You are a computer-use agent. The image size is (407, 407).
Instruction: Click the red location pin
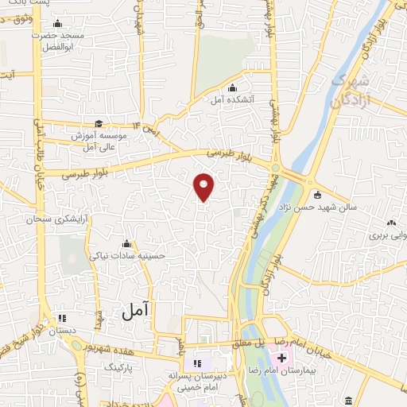pyautogui.click(x=204, y=187)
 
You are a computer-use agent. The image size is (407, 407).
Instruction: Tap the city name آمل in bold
pyautogui.click(x=137, y=312)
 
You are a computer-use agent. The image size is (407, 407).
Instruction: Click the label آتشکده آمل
pyautogui.click(x=230, y=100)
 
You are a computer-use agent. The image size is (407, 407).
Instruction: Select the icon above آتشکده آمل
pyautogui.click(x=231, y=87)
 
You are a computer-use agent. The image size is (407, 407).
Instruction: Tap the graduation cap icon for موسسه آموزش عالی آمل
pyautogui.click(x=99, y=123)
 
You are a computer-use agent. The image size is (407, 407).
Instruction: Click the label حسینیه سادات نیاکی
pyautogui.click(x=126, y=256)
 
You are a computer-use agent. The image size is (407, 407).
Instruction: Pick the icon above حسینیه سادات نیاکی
pyautogui.click(x=126, y=243)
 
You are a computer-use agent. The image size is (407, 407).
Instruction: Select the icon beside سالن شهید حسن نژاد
pyautogui.click(x=317, y=195)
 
